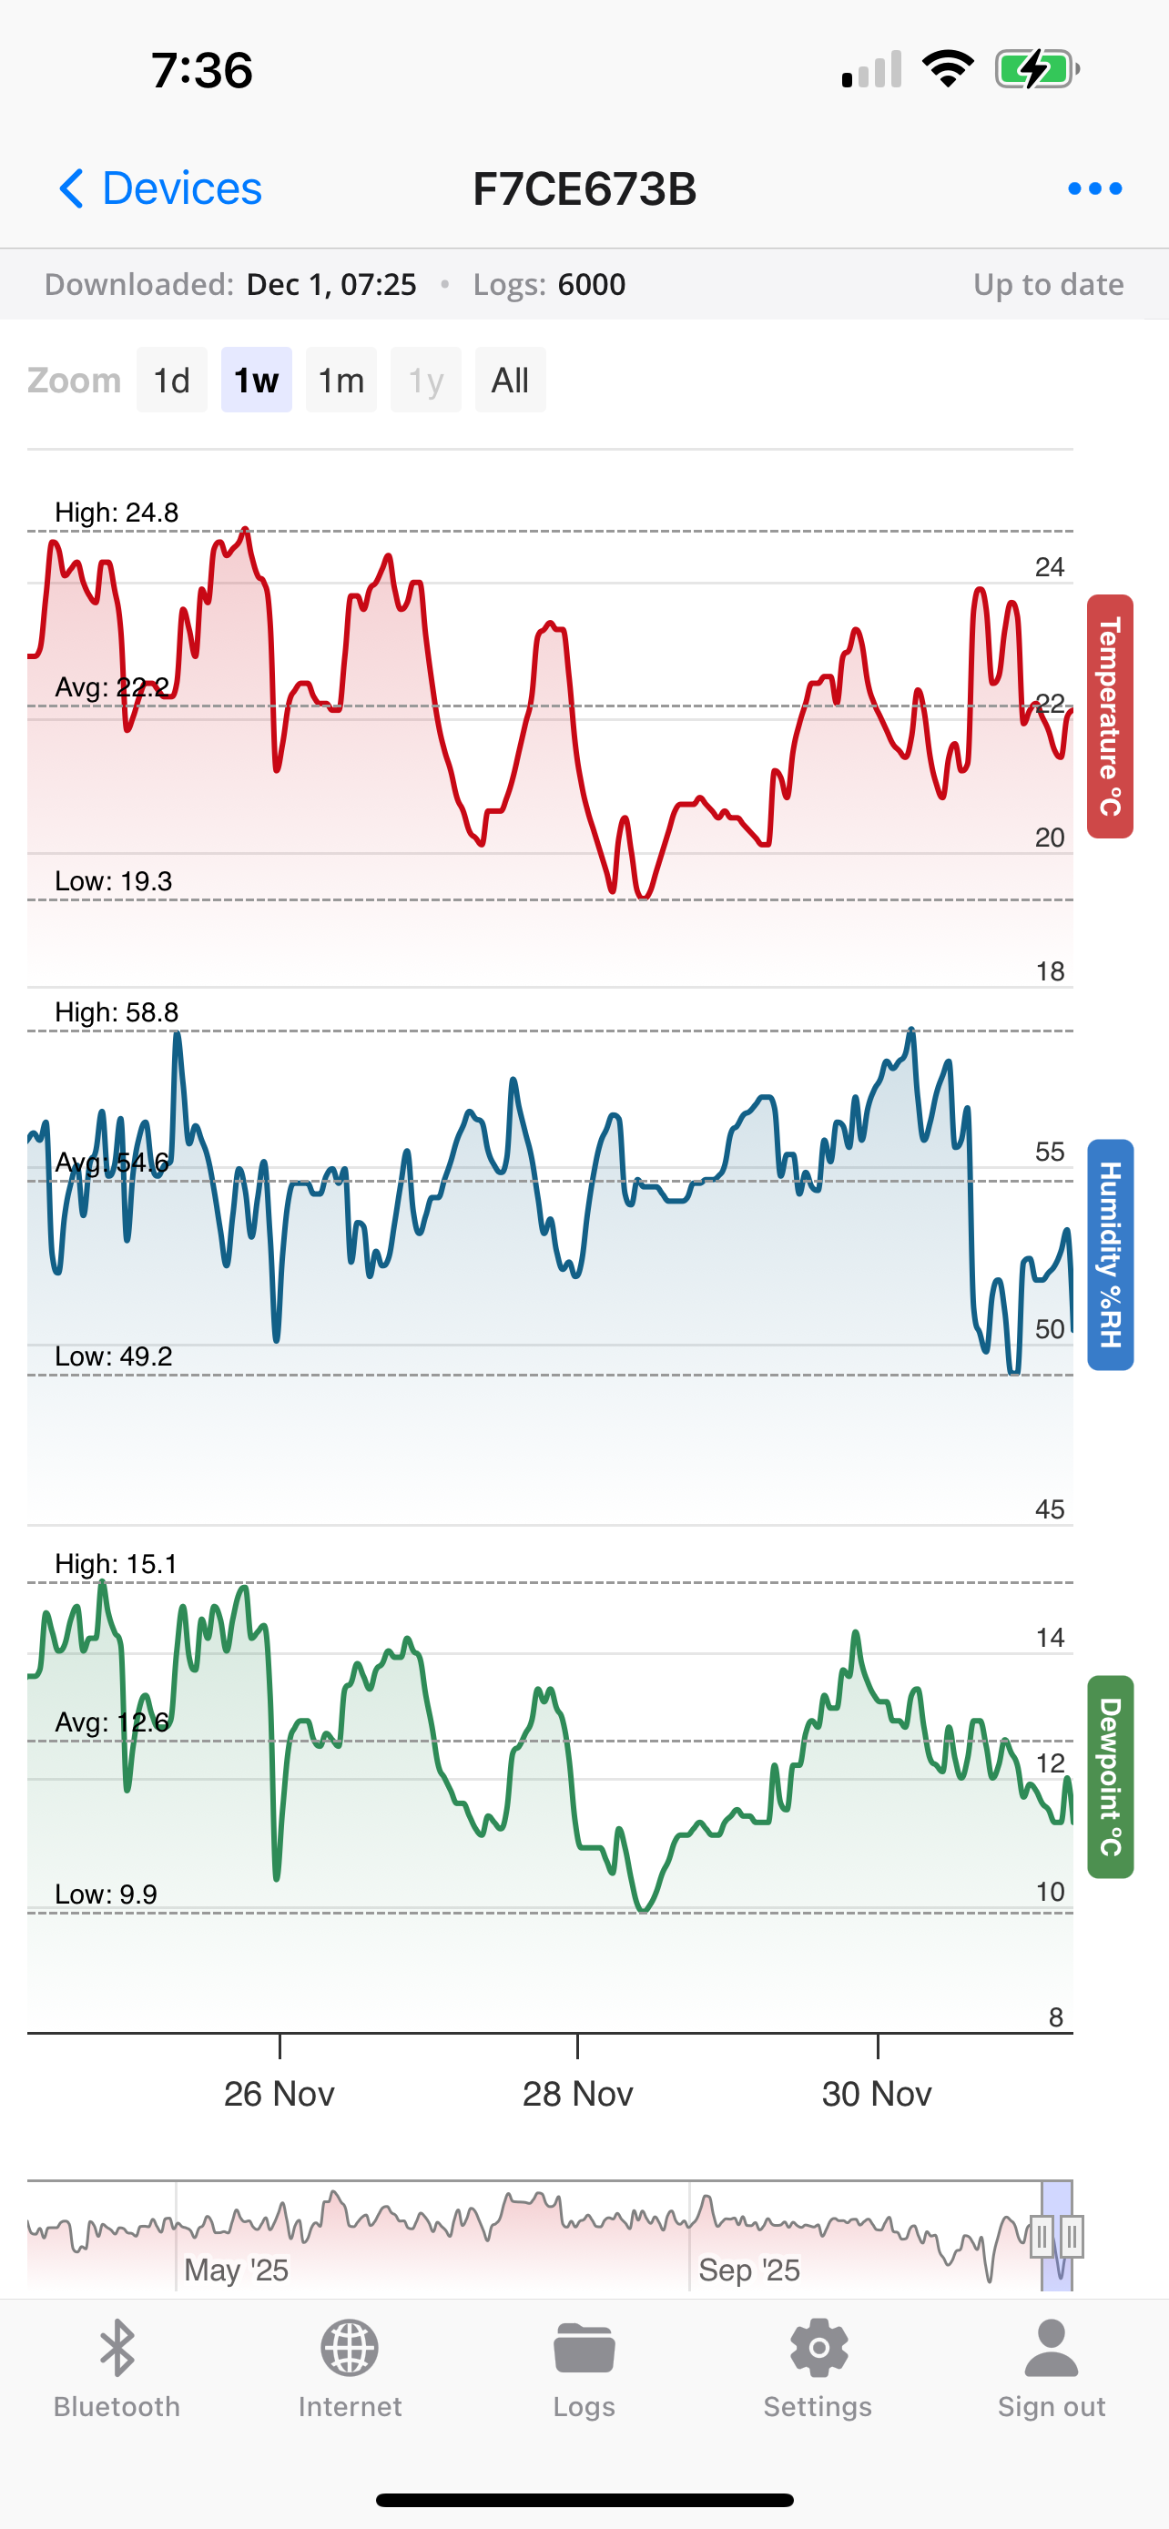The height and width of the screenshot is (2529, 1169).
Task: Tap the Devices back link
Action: pos(161,188)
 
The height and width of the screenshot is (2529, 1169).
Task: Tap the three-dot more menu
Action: pos(1094,188)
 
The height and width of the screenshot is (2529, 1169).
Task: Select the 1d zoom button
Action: pos(172,380)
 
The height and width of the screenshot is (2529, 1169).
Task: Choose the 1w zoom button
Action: pos(256,380)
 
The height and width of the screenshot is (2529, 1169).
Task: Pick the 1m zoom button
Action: pos(341,380)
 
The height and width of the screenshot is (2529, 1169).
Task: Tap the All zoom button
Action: pos(511,380)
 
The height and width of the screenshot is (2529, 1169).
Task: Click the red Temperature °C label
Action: pos(1109,716)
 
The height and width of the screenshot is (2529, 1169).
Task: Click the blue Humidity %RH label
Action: pos(1109,1254)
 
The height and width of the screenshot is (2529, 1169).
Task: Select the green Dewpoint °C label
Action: pos(1109,1777)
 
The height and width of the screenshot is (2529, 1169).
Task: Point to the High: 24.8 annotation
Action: pos(117,513)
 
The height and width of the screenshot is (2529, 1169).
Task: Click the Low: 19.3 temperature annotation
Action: pos(114,880)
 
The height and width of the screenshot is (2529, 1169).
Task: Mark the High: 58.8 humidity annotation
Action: pos(117,1012)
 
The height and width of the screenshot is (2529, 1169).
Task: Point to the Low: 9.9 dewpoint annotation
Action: pos(106,1894)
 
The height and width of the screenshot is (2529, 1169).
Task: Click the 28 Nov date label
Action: pos(577,2094)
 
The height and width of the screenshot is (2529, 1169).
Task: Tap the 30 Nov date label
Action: pos(877,2094)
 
